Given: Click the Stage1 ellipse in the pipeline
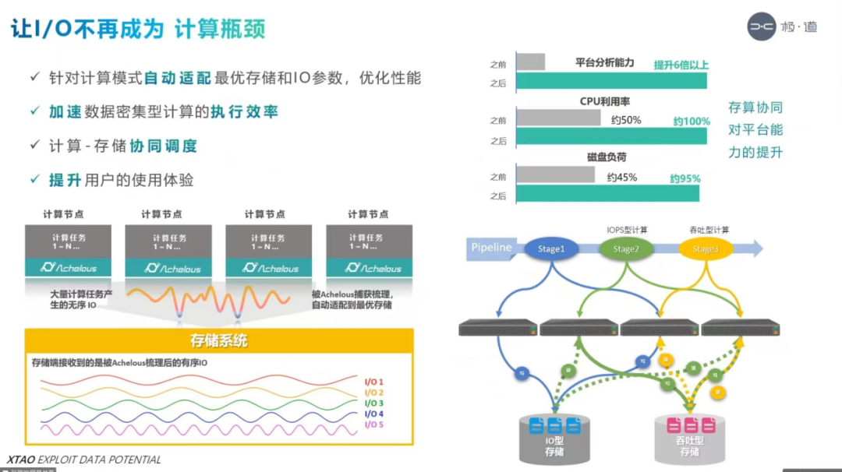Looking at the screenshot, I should click(550, 248).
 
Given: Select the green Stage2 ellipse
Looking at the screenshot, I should click(625, 248).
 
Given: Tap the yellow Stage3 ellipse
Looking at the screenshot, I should click(705, 248).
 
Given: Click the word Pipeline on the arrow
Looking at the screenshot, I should click(492, 248).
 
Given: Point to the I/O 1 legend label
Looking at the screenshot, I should click(374, 381).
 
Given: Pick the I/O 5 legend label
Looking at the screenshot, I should click(374, 424).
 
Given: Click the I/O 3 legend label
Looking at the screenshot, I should click(374, 403).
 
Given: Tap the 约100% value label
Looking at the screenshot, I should click(691, 121).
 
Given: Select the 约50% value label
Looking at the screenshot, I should click(625, 120).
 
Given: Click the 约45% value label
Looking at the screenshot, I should click(621, 177).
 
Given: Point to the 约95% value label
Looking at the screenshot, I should click(685, 178).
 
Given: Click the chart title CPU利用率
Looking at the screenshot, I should click(605, 101).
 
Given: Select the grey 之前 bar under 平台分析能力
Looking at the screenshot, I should click(531, 62).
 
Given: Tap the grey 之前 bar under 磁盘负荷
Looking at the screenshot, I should click(555, 174).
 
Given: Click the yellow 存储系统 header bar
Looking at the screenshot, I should click(219, 340).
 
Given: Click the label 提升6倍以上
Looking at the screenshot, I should click(681, 65).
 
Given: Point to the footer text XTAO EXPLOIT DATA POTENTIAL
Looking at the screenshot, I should click(83, 460).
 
